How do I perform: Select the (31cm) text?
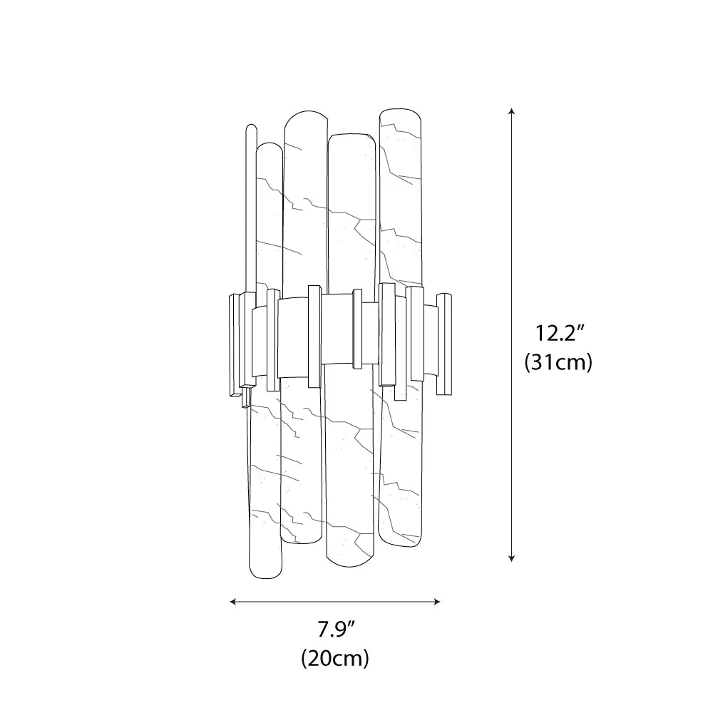558,362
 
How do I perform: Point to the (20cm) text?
335,657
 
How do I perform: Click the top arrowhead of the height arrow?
511,111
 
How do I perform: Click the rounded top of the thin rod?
250,128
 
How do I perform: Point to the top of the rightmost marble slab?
401,112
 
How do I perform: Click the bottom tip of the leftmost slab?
265,576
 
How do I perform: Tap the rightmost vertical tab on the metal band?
444,344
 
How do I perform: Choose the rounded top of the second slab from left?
306,113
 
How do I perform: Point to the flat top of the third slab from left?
352,135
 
